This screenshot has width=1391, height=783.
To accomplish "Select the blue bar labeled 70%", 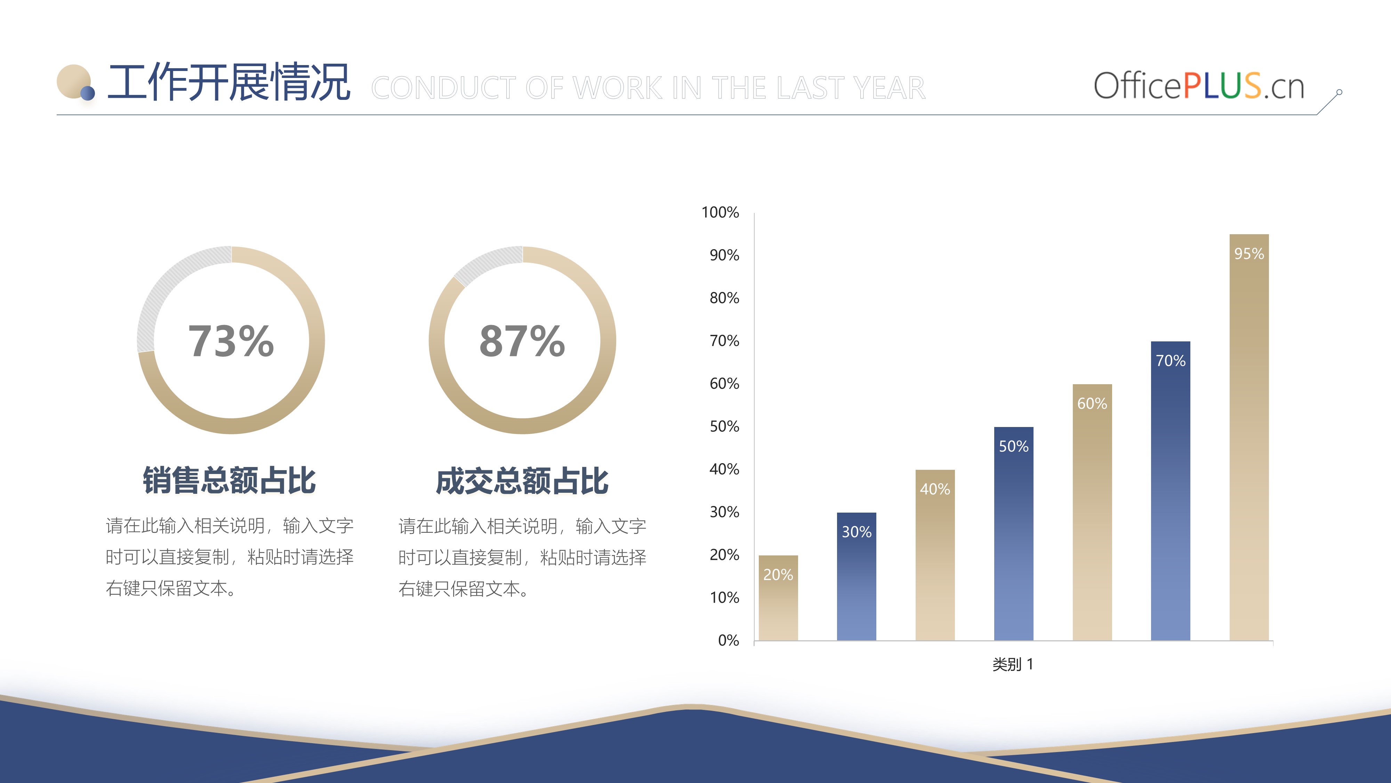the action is tap(1170, 491).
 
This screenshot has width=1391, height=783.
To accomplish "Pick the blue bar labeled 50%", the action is tap(1014, 533).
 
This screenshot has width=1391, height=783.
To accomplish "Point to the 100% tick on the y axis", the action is tap(720, 212).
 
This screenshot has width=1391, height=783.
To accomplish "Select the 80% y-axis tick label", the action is tap(724, 298).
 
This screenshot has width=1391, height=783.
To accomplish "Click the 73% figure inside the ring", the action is tap(231, 341).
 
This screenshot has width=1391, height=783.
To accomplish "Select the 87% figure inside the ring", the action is tap(522, 341).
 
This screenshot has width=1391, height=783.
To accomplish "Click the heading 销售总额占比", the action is tap(229, 480).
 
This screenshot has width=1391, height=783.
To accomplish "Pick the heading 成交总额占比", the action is tap(522, 480).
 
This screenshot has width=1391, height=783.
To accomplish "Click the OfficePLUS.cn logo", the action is tap(1199, 86).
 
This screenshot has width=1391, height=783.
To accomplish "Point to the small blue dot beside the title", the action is tap(88, 94).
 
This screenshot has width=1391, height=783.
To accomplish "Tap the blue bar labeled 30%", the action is tap(857, 577).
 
